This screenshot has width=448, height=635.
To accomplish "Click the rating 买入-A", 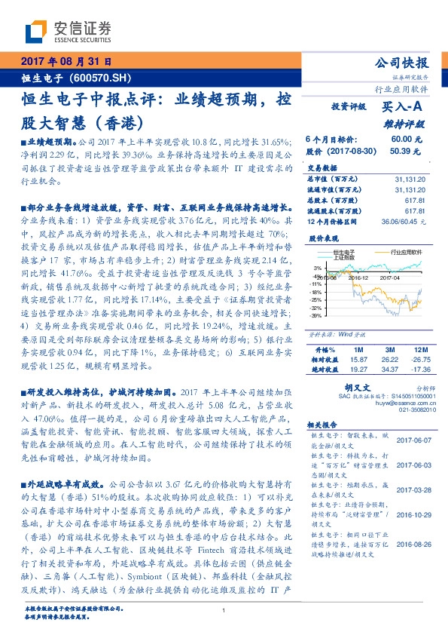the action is point(403,108).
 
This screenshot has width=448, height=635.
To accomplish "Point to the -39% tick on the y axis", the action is point(315,316).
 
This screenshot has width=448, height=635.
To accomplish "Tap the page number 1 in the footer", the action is point(224,610).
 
